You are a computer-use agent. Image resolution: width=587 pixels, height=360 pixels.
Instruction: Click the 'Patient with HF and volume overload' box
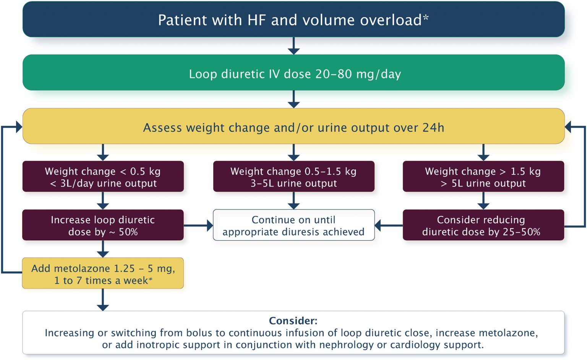click(293, 19)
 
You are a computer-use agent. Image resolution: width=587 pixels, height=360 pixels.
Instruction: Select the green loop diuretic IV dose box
click(293, 73)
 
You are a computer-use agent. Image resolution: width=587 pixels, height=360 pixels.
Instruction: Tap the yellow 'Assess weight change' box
click(293, 126)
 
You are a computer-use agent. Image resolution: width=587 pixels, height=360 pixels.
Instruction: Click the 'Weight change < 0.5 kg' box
click(103, 177)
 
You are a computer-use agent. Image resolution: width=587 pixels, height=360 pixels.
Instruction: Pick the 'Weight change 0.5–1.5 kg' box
click(293, 177)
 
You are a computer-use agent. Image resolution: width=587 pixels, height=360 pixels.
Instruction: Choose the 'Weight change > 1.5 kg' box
click(483, 177)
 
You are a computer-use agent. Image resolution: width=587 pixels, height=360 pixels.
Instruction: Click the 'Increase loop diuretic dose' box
click(103, 225)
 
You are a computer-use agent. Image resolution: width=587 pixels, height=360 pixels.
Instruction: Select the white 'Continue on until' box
click(293, 225)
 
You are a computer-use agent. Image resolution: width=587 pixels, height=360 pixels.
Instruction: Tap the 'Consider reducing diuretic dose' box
click(483, 225)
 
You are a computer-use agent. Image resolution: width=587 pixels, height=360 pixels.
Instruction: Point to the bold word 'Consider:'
click(293, 321)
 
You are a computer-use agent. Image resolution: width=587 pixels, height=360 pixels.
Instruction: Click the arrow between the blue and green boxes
click(293, 46)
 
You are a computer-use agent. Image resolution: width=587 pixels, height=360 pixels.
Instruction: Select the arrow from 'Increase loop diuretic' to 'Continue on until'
click(198, 225)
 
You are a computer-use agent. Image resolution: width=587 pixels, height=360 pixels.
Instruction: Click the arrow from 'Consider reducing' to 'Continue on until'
click(389, 225)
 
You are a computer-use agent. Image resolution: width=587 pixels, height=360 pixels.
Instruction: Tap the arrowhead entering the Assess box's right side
click(568, 127)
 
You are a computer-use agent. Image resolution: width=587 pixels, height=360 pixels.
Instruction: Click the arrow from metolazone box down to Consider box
click(103, 300)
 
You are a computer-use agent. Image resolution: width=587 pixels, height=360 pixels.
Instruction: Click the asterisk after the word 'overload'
click(426, 17)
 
